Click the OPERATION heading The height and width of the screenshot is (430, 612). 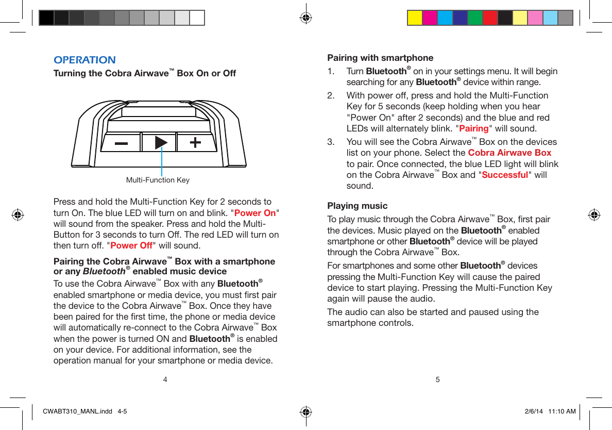click(x=84, y=60)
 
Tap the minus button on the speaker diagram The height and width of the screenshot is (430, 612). click(x=121, y=143)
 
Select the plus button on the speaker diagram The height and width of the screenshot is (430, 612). click(x=196, y=143)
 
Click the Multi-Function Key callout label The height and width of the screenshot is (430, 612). click(x=158, y=180)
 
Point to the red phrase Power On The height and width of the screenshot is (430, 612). click(x=255, y=213)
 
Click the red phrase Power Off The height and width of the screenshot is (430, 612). click(x=131, y=245)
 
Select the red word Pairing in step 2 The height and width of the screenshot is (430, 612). click(x=473, y=128)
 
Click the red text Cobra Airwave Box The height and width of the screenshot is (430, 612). click(x=509, y=153)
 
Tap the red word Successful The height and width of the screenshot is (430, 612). click(x=504, y=175)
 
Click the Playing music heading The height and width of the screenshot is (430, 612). click(x=358, y=206)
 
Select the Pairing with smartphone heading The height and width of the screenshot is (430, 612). click(x=380, y=58)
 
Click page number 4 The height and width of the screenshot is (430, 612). click(x=165, y=380)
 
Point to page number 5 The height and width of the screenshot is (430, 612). click(x=437, y=380)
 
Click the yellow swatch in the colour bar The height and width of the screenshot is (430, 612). click(x=415, y=18)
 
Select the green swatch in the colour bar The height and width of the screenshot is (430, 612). click(x=474, y=18)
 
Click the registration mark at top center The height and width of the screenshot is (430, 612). click(x=306, y=18)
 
